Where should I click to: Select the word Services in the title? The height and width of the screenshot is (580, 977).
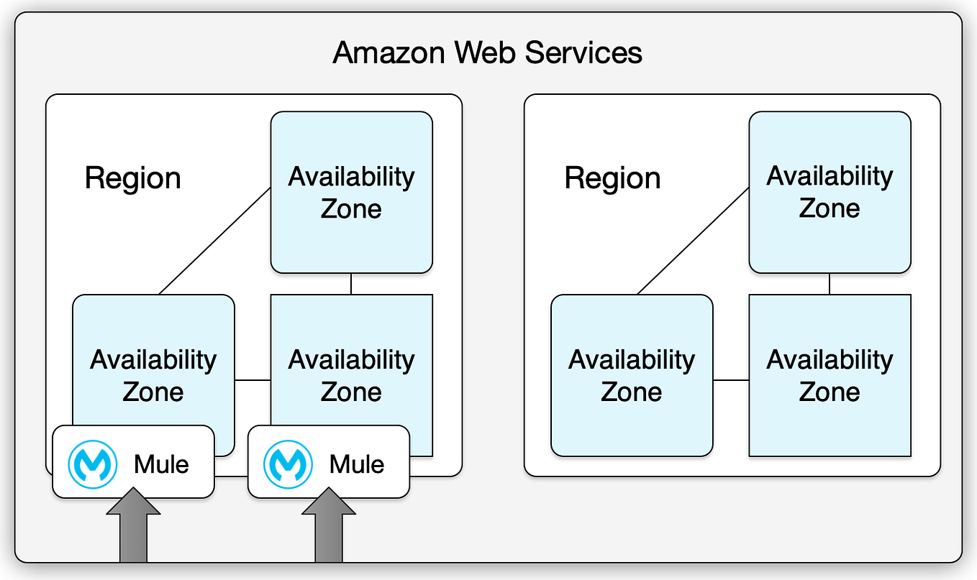pyautogui.click(x=583, y=53)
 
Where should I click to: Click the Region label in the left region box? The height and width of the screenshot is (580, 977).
pyautogui.click(x=132, y=178)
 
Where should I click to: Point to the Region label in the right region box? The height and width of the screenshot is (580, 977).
pyautogui.click(x=612, y=178)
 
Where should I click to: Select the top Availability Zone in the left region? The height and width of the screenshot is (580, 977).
pyautogui.click(x=351, y=193)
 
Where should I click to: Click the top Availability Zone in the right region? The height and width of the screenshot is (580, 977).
pyautogui.click(x=830, y=192)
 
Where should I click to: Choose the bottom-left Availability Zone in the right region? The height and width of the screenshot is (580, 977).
pyautogui.click(x=632, y=375)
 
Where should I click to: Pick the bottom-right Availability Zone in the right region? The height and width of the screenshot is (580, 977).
pyautogui.click(x=830, y=375)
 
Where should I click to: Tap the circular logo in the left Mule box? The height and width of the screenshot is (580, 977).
pyautogui.click(x=93, y=464)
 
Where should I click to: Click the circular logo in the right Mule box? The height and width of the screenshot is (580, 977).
pyautogui.click(x=288, y=464)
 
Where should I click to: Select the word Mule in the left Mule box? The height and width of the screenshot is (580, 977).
pyautogui.click(x=161, y=464)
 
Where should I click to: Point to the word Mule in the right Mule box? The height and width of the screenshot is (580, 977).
pyautogui.click(x=357, y=464)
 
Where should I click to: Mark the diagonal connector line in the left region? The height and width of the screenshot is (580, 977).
pyautogui.click(x=214, y=241)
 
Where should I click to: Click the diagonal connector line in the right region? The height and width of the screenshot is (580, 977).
pyautogui.click(x=693, y=241)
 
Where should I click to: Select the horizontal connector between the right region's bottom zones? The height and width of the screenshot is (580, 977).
pyautogui.click(x=731, y=379)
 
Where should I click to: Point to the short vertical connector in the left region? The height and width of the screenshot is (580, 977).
pyautogui.click(x=351, y=284)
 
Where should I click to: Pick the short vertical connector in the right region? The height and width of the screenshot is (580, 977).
pyautogui.click(x=830, y=284)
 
